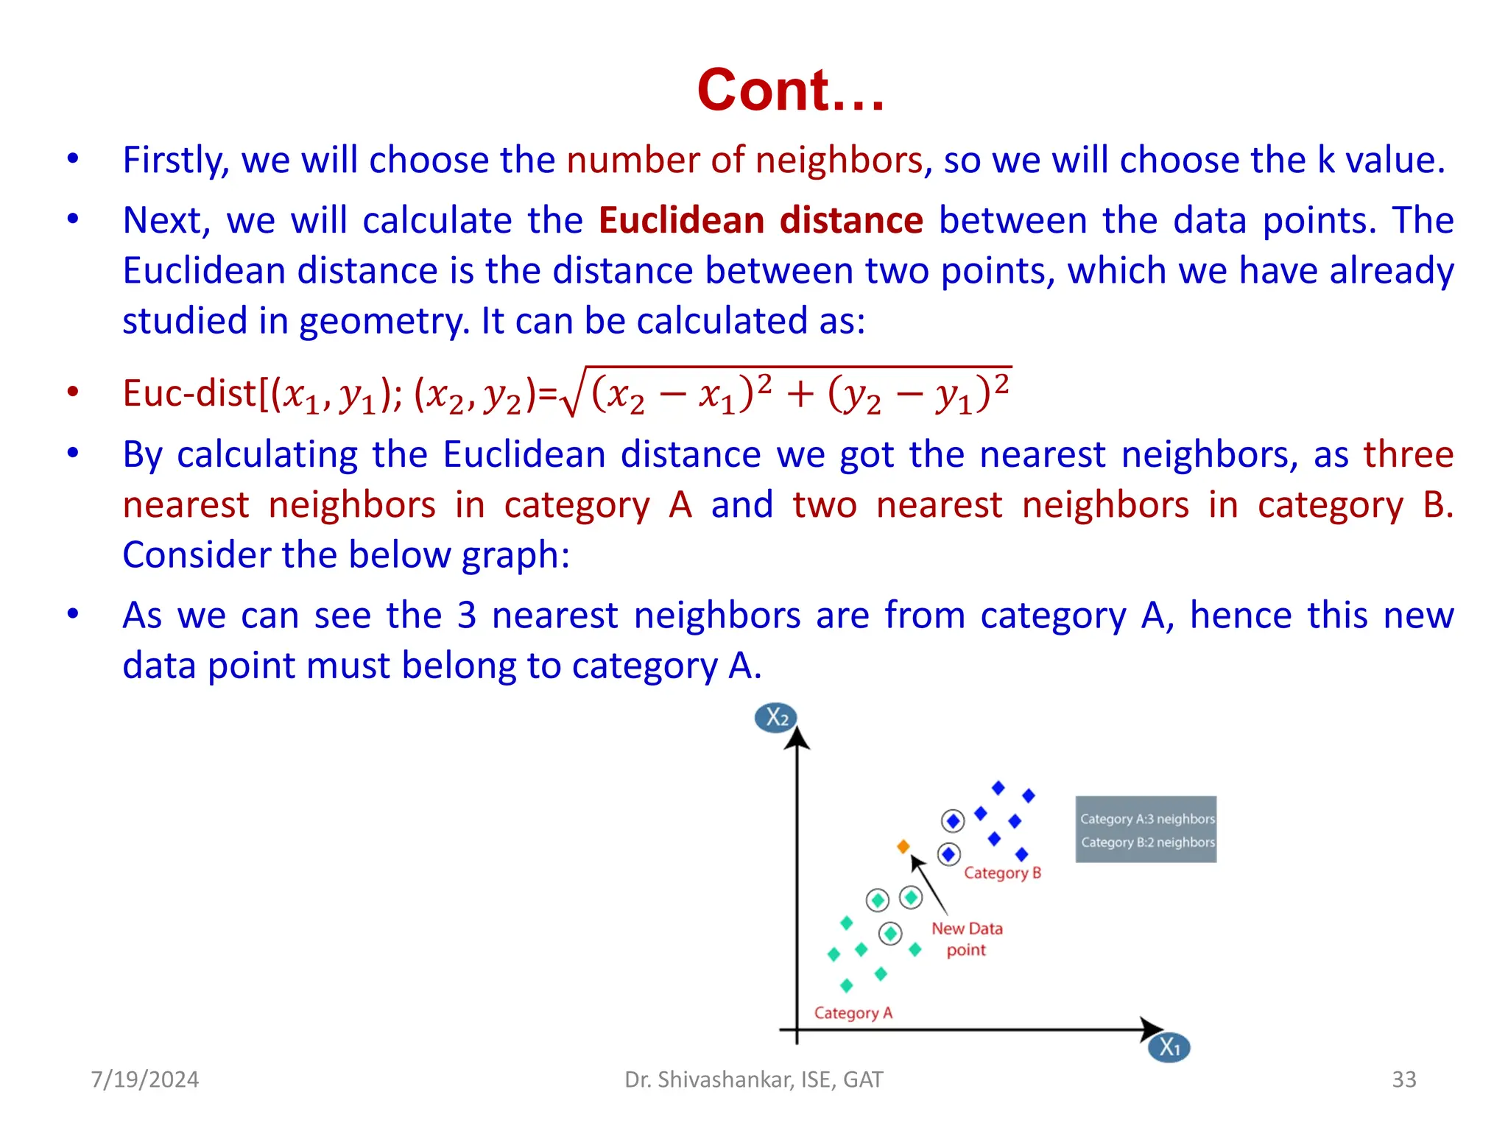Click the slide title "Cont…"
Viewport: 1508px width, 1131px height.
[x=790, y=90]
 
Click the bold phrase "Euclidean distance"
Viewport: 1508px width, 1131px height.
[x=761, y=221]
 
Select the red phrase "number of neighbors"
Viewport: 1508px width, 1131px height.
[x=744, y=161]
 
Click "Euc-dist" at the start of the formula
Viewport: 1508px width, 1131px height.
[x=188, y=392]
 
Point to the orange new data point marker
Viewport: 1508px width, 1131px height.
[x=903, y=847]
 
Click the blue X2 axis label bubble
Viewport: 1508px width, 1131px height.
[x=776, y=717]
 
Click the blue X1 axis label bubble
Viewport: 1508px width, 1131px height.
[x=1169, y=1047]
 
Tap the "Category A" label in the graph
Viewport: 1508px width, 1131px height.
[x=853, y=1013]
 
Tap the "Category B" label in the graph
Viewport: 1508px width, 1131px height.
[x=1002, y=873]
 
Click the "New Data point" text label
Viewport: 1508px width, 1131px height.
[x=967, y=939]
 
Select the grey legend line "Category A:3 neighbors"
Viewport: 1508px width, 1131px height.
[x=1146, y=819]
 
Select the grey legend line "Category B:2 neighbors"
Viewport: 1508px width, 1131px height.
[x=1147, y=842]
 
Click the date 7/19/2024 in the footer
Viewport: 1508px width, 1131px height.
[x=145, y=1079]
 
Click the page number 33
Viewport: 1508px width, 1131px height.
[x=1403, y=1079]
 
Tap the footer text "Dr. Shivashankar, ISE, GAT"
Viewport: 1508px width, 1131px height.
[x=753, y=1079]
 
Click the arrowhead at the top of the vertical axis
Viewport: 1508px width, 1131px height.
[x=797, y=738]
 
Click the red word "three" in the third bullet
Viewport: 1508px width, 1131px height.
[x=1408, y=454]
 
